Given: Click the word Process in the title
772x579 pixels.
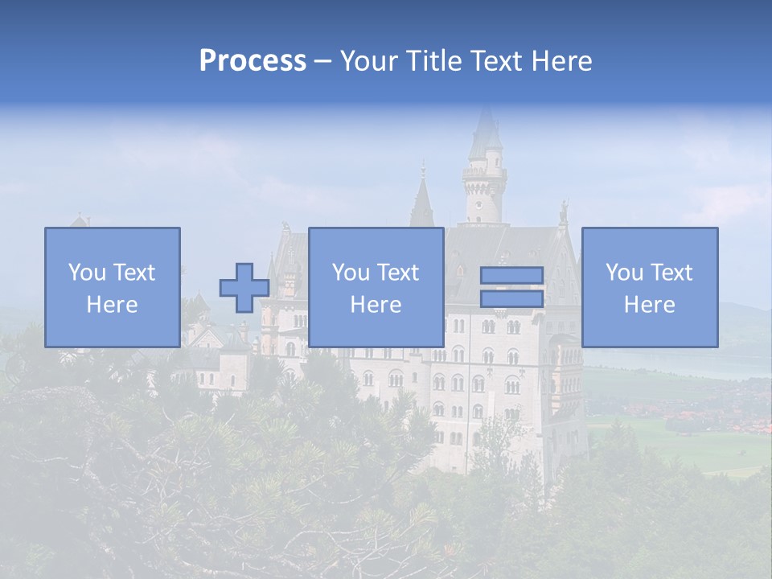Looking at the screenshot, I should tap(253, 61).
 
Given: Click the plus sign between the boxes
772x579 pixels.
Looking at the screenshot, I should tap(244, 288).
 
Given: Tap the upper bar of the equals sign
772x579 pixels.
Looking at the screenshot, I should tap(511, 276).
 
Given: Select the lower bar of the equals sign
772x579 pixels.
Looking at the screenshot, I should tap(511, 299).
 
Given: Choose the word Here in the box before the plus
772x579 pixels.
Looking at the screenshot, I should tap(112, 305).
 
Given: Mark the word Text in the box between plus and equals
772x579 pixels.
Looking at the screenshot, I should tap(398, 273).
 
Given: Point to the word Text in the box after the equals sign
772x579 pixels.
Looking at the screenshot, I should tap(671, 273).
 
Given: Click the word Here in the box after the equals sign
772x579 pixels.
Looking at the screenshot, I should tap(649, 305).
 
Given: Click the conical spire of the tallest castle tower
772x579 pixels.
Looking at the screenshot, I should tap(485, 133).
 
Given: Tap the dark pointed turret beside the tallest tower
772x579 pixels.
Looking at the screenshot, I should tap(421, 201).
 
